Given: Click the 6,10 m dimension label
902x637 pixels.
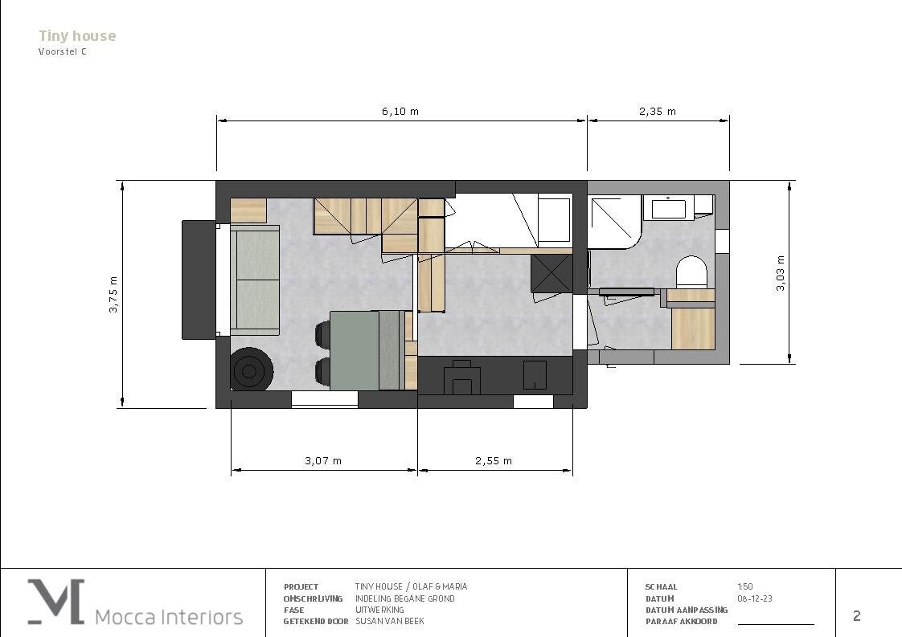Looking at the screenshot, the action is coord(400,112).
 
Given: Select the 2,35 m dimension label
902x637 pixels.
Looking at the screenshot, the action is coord(658,112).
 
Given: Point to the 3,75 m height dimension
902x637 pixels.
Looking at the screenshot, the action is coord(113,294).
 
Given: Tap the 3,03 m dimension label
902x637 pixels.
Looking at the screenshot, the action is coord(781,273).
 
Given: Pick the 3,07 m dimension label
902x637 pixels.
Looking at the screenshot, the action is coord(323,460).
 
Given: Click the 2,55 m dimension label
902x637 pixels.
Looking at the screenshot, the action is coord(494,460).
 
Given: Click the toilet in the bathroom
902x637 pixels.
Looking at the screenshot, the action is coord(691,272).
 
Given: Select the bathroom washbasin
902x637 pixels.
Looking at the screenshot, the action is coord(668,207).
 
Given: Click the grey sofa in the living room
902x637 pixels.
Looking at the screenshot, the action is coord(255,280).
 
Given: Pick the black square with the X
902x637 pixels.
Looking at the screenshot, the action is coord(551,274).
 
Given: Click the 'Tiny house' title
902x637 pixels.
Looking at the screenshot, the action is coord(77,35).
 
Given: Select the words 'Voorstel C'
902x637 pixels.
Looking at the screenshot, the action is coord(63,51).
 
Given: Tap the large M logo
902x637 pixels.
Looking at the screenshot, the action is coord(56,602).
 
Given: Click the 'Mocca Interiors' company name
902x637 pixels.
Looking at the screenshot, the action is coord(169,617).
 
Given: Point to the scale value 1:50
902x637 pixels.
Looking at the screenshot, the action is coord(745,586).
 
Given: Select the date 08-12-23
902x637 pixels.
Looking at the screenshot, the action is coord(755,598).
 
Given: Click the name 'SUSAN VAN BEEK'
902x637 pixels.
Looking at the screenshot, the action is coord(390,621).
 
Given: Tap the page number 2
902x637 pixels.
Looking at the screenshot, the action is coord(856,616).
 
